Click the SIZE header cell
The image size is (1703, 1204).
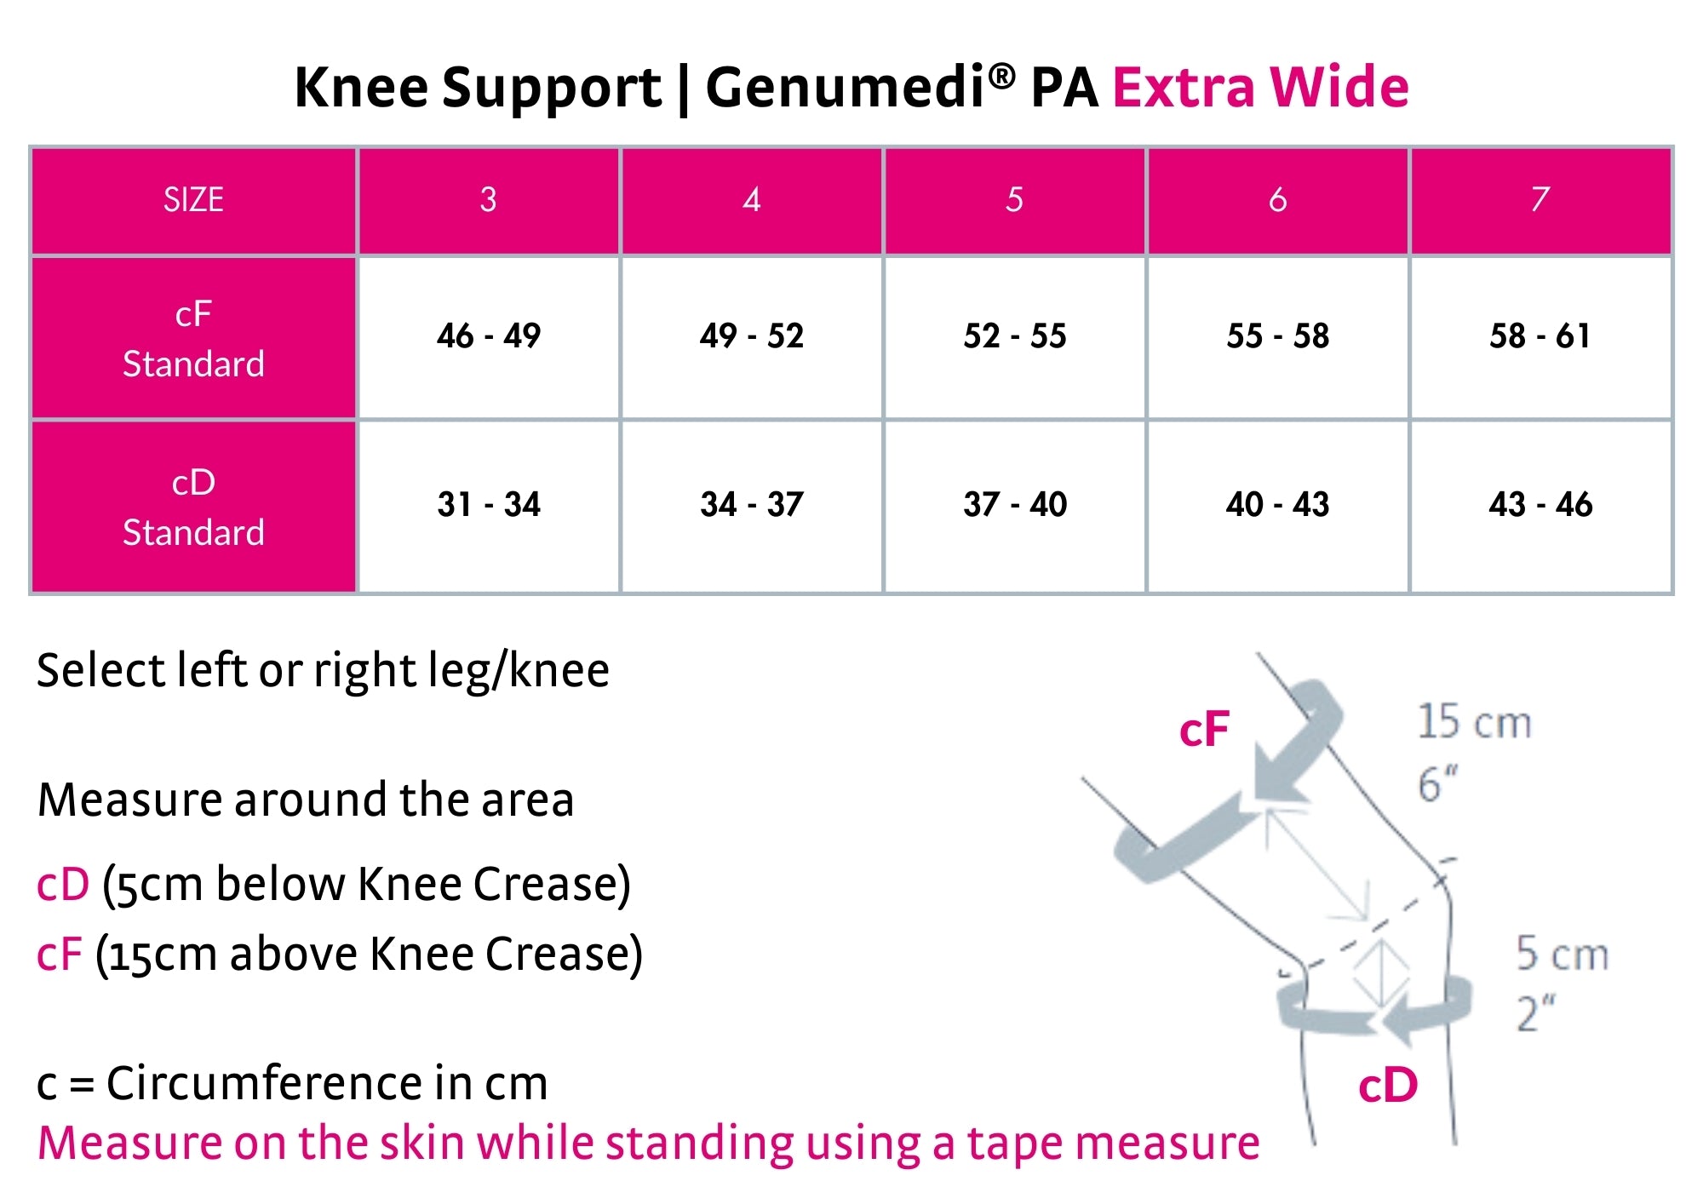point(194,201)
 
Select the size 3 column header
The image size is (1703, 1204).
point(489,201)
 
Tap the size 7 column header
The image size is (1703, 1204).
point(1540,201)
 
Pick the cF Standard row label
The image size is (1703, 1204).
point(194,338)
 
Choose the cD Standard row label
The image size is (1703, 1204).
point(194,507)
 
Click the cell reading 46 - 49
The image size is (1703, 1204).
point(489,336)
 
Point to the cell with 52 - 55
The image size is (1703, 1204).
point(1015,336)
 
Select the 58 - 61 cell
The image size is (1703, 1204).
point(1540,336)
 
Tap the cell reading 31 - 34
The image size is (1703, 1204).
point(489,505)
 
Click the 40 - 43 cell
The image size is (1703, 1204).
point(1277,505)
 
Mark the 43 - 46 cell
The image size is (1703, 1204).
point(1540,505)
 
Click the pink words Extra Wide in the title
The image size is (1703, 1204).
point(1261,87)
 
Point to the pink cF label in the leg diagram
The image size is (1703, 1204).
point(1204,730)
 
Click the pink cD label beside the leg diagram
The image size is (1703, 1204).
point(1388,1086)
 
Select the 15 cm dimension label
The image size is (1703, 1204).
point(1474,721)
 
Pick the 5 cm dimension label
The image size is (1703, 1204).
point(1563,953)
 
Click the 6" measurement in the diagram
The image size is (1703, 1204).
point(1437,783)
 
